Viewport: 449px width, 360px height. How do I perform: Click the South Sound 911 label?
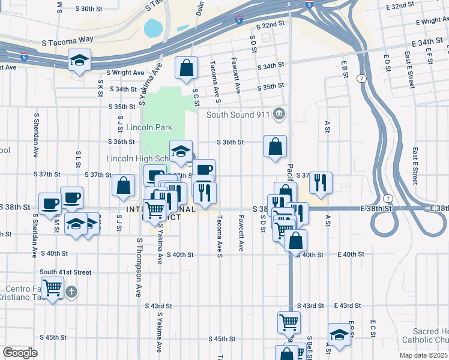(x=238, y=114)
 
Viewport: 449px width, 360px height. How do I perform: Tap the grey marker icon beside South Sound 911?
(x=279, y=113)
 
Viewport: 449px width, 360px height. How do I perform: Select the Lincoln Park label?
(x=149, y=127)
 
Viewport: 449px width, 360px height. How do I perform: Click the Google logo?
(x=20, y=352)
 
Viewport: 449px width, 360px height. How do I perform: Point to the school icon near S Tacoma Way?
(x=79, y=61)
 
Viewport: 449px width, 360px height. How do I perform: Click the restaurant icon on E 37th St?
(x=321, y=182)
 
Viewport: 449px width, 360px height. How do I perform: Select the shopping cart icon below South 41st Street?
(x=53, y=289)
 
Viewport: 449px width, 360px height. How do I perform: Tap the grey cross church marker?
(x=71, y=292)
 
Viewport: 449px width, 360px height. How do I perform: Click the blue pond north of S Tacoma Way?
(x=153, y=28)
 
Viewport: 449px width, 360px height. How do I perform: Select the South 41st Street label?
(x=65, y=272)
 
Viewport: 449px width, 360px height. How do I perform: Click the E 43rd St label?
(x=347, y=305)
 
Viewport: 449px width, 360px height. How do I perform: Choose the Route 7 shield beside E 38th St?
(x=388, y=198)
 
